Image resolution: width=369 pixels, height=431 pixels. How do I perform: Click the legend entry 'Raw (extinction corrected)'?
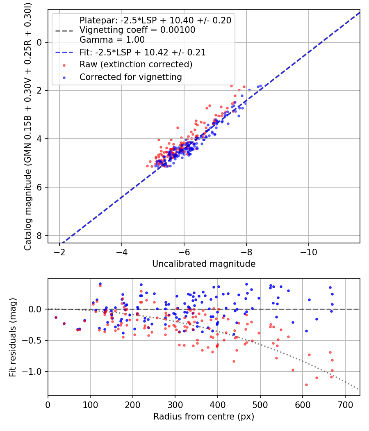click(x=136, y=64)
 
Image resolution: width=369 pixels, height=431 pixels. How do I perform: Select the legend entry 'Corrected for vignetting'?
click(x=131, y=77)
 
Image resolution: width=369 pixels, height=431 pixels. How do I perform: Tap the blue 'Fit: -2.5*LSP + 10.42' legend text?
click(x=143, y=53)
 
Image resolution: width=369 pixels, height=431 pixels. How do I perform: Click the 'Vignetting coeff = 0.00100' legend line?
click(x=137, y=30)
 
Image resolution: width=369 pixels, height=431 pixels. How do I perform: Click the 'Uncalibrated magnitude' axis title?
click(x=204, y=264)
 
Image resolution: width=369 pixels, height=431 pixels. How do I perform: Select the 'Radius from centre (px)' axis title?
click(x=204, y=417)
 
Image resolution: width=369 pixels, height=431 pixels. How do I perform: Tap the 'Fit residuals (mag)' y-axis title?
click(x=13, y=337)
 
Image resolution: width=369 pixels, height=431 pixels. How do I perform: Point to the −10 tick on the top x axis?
click(x=308, y=252)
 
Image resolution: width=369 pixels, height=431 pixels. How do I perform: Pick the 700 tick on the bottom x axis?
click(x=345, y=404)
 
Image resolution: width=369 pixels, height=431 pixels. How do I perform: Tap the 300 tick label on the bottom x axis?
click(x=175, y=404)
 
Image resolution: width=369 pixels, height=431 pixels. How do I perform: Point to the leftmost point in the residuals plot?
click(x=56, y=317)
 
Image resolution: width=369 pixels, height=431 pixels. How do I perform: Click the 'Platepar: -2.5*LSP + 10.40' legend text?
click(x=155, y=20)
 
